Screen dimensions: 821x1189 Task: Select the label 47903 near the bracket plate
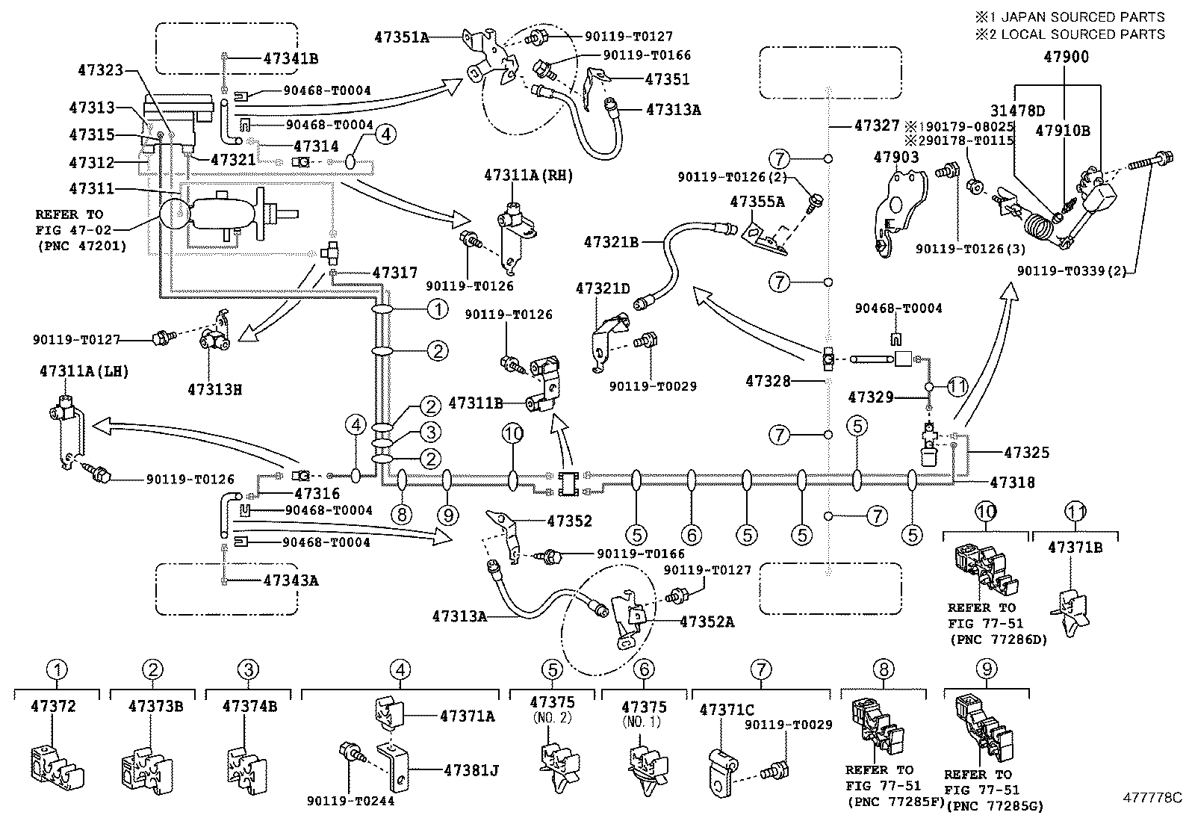tap(896, 158)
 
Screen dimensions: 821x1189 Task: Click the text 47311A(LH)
tap(81, 372)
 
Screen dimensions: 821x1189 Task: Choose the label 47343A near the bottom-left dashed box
tap(291, 580)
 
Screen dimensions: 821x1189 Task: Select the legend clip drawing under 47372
tap(56, 766)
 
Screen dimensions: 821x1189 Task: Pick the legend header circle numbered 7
tap(760, 669)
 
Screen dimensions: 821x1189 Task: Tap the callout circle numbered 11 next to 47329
tap(958, 386)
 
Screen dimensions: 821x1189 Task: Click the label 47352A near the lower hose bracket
tap(707, 622)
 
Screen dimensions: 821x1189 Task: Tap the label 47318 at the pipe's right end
tap(1013, 483)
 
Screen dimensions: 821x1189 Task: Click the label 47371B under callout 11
tap(1075, 548)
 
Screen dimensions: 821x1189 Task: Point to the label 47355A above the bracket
tap(757, 202)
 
